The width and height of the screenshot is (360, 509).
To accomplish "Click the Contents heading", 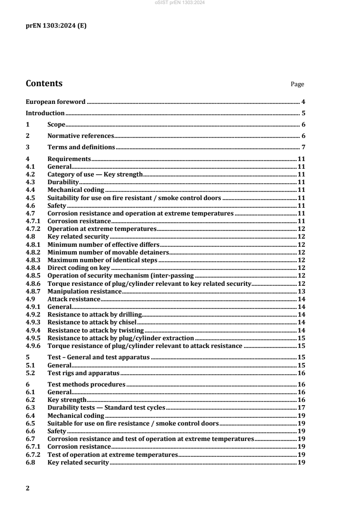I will pyautogui.click(x=44, y=83).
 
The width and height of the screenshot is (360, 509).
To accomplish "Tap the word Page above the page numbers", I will pyautogui.click(x=297, y=84).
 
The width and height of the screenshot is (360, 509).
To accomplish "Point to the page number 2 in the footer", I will pyautogui.click(x=28, y=489).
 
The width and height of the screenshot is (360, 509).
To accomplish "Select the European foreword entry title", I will pyautogui.click(x=55, y=102).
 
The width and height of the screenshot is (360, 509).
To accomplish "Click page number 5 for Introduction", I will pyautogui.click(x=302, y=113).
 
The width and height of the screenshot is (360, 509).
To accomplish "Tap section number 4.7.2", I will pyautogui.click(x=33, y=229).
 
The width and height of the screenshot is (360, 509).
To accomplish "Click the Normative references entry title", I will pyautogui.click(x=80, y=136).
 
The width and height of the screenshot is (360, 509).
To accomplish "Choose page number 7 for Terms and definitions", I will pyautogui.click(x=302, y=147).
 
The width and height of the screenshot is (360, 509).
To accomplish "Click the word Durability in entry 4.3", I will pyautogui.click(x=63, y=181).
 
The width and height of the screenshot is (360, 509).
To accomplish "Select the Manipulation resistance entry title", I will pyautogui.click(x=84, y=291).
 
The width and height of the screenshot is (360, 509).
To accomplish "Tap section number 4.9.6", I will pyautogui.click(x=33, y=346).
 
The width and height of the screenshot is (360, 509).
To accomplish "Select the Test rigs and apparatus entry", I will pyautogui.click(x=83, y=373).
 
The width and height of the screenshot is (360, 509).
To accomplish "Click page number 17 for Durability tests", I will pyautogui.click(x=301, y=407).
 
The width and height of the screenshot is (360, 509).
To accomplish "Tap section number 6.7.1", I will pyautogui.click(x=33, y=446).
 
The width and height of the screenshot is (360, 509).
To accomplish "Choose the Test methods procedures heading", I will pyautogui.click(x=86, y=384).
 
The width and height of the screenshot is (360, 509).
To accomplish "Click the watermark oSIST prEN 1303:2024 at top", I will pyautogui.click(x=180, y=3).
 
